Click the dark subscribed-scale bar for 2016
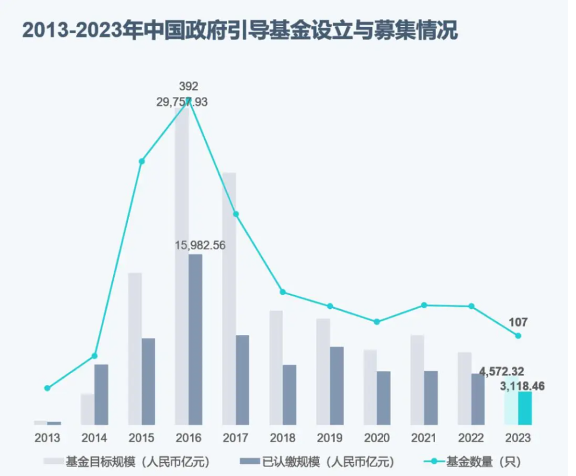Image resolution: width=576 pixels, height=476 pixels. pos(195,339)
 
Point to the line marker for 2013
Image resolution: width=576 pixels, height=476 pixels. pos(48,388)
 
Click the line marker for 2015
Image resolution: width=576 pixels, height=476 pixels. pos(142,161)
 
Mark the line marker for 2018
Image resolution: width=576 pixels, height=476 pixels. pos(283,292)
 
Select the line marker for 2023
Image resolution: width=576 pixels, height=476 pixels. pos(518,336)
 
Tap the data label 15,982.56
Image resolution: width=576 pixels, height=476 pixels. pos(201,245)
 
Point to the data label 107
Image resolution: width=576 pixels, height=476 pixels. pos(518,322)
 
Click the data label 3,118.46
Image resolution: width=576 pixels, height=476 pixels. pos(522,386)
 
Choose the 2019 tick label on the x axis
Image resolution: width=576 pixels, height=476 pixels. pos(330,439)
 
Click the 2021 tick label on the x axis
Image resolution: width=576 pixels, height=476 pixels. pos(424,439)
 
